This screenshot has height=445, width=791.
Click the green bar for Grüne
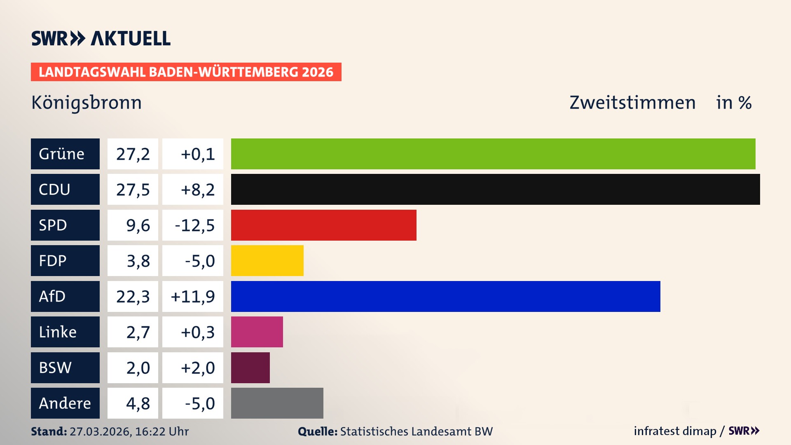[493, 154]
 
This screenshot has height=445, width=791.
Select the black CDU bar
[495, 189]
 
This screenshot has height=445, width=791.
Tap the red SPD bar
[323, 225]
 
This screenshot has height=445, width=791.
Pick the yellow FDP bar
[267, 260]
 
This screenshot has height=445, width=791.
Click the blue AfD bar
[445, 296]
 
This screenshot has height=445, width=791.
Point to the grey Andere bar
[277, 403]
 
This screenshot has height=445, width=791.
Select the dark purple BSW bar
[250, 368]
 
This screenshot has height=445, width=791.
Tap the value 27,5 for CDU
[133, 190]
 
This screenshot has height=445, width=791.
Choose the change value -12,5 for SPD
[194, 225]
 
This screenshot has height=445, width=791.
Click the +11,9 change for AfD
[193, 297]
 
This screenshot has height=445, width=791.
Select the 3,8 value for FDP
[138, 261]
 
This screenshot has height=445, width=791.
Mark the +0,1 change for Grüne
[198, 154]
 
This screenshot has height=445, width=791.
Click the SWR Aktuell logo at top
[101, 38]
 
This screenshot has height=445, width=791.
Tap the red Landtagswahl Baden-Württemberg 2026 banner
[186, 72]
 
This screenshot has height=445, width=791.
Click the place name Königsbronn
[87, 103]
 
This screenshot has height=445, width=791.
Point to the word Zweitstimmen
[632, 103]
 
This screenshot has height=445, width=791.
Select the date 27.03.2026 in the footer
[100, 431]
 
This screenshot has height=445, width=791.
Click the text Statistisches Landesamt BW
[416, 431]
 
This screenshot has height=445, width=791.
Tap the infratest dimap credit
[675, 431]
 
